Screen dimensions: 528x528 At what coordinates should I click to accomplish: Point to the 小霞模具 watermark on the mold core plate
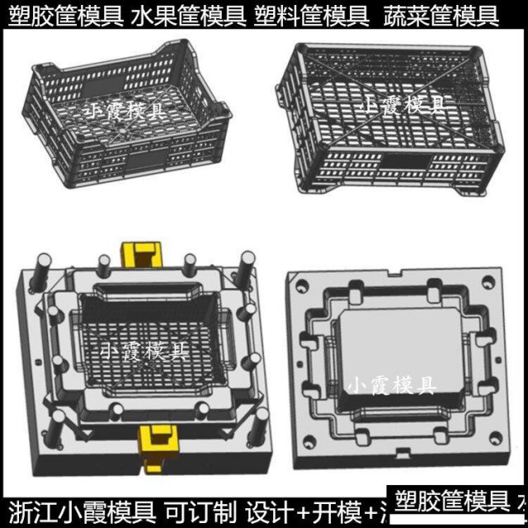pyautogui.click(x=391, y=385)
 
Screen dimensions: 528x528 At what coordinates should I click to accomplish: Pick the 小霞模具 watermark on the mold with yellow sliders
pyautogui.click(x=141, y=351)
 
